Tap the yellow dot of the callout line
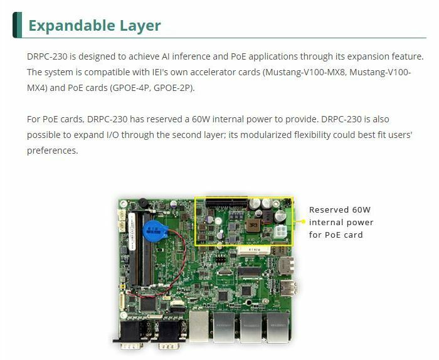tap(303, 221)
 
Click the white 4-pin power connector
tap(278, 233)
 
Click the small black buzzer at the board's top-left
tap(144, 203)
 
